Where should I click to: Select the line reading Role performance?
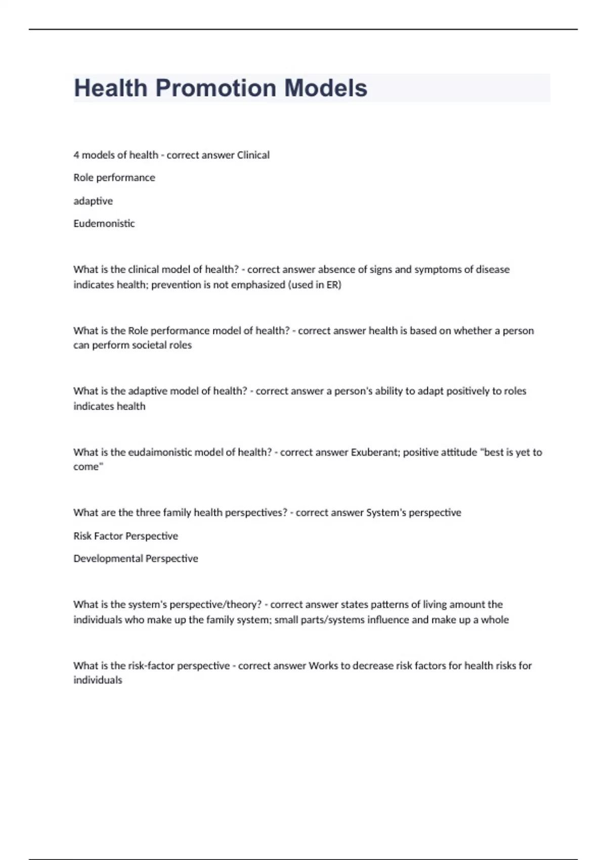point(114,178)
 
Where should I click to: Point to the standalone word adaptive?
point(93,201)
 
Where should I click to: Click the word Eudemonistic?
point(104,224)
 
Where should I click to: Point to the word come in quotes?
point(87,467)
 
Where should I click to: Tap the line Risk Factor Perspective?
point(125,536)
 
